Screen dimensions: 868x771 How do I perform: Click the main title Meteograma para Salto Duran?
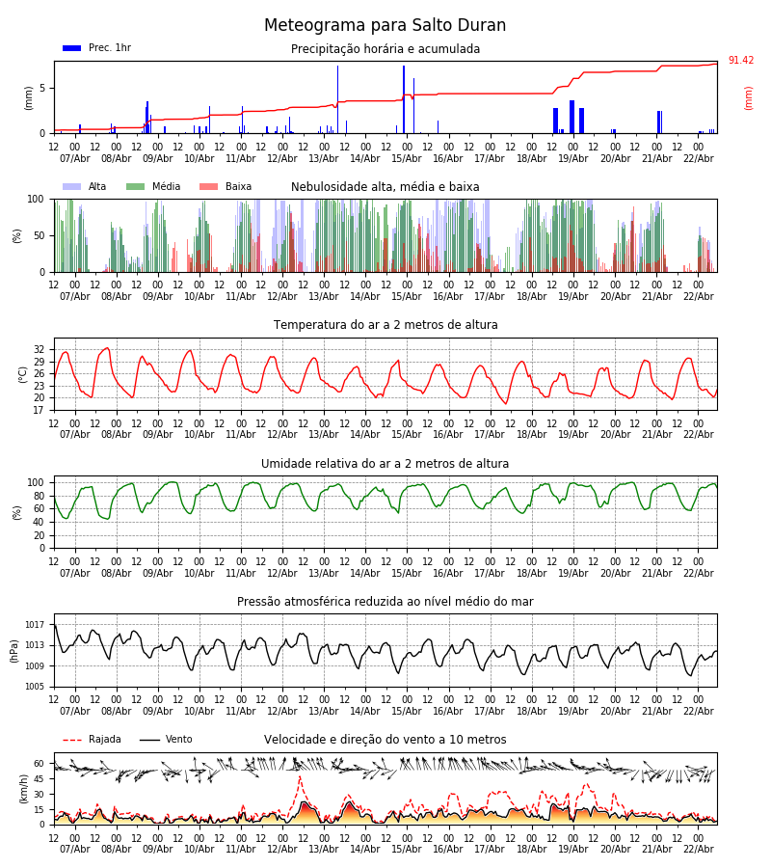click(x=385, y=26)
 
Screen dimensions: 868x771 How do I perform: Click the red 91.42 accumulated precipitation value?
click(x=740, y=61)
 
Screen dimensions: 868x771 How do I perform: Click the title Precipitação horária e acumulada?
click(x=385, y=49)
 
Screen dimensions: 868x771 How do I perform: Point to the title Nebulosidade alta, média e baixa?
click(x=385, y=187)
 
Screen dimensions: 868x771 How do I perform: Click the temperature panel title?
click(x=385, y=325)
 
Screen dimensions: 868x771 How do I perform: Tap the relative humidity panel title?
click(x=385, y=464)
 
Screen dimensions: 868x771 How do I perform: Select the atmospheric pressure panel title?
click(x=385, y=602)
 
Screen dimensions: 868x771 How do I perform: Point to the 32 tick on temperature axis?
click(x=40, y=349)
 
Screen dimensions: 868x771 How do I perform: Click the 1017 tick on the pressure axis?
click(x=35, y=625)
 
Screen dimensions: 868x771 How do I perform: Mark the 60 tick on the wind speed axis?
click(x=40, y=763)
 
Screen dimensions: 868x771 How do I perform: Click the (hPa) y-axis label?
click(x=14, y=651)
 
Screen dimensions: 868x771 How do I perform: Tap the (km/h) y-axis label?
click(x=24, y=789)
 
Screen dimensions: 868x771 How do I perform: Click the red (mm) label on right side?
click(x=749, y=97)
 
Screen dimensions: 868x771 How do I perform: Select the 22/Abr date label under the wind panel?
click(x=698, y=849)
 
